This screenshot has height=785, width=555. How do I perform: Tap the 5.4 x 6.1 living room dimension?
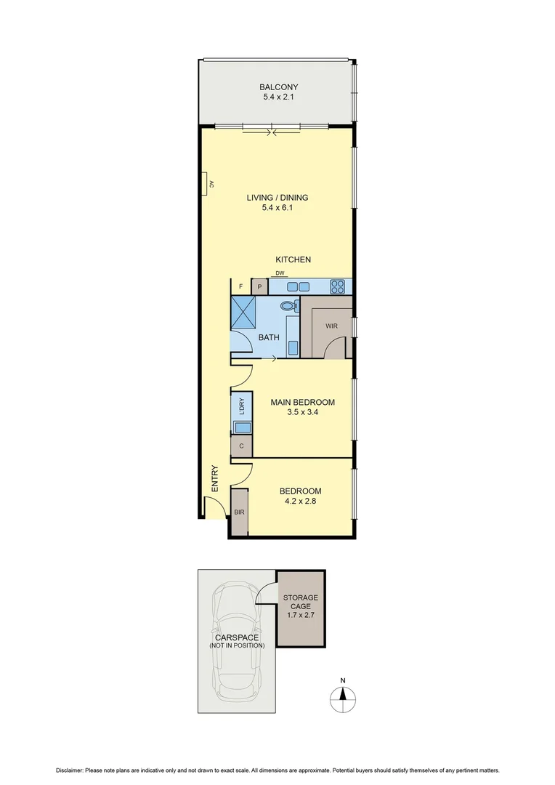(x=277, y=208)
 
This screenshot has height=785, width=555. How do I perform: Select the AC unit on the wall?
(x=208, y=185)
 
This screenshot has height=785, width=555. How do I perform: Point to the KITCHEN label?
(x=293, y=259)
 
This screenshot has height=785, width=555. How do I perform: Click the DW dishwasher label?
(x=280, y=273)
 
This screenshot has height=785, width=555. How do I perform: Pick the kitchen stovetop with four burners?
(x=338, y=286)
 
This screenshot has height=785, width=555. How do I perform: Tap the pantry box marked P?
(x=259, y=287)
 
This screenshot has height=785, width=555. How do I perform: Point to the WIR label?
(x=331, y=326)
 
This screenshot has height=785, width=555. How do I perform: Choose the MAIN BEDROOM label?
(x=302, y=403)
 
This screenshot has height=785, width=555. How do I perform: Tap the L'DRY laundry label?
(x=240, y=404)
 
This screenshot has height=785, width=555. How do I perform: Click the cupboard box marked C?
(x=240, y=446)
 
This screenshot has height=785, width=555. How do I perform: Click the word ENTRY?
(x=215, y=479)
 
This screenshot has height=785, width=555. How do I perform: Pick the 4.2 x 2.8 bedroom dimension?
(x=300, y=501)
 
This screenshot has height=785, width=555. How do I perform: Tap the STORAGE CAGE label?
(x=301, y=603)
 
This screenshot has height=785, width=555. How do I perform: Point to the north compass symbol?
(x=343, y=700)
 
